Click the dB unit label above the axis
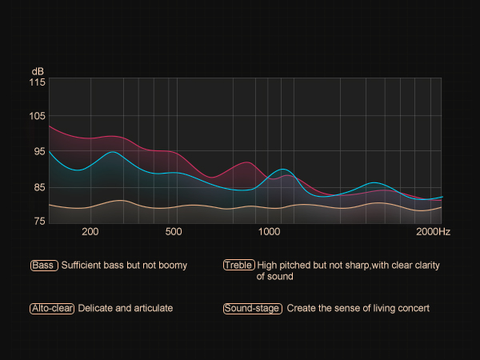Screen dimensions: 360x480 38,70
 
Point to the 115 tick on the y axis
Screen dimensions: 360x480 38,82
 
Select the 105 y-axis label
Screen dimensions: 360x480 38,117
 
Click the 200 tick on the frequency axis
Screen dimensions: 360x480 90,232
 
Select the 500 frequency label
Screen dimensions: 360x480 174,232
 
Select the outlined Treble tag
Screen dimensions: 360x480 239,266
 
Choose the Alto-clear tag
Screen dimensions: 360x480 52,308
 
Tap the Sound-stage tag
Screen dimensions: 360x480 253,308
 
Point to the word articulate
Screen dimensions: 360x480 152,308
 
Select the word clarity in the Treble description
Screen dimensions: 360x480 424,266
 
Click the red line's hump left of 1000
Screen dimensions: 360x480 247,162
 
